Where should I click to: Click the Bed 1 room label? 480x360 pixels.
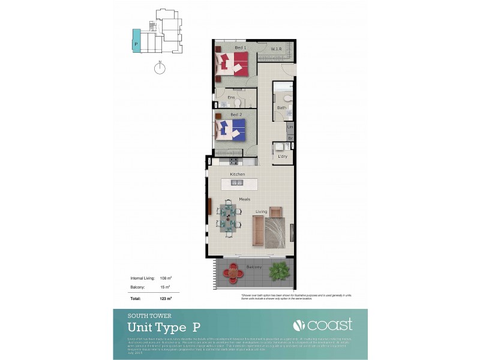pos(241,47)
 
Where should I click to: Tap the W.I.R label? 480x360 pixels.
pos(276,49)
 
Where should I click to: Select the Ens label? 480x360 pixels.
pos(230,97)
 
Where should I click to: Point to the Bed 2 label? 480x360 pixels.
pos(236,114)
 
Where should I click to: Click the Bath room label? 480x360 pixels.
pos(281,108)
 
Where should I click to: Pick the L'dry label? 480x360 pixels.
pos(283,157)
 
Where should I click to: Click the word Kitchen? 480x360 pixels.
pos(238,174)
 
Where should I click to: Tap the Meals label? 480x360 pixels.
pos(244,199)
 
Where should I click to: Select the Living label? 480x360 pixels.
pos(262,211)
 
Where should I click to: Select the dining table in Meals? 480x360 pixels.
pos(228,217)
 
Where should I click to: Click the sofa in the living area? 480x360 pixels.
pos(257,232)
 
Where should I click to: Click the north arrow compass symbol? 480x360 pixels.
pos(159,68)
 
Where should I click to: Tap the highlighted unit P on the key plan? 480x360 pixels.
pos(136,43)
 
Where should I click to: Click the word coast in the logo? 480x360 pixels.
pos(330,325)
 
